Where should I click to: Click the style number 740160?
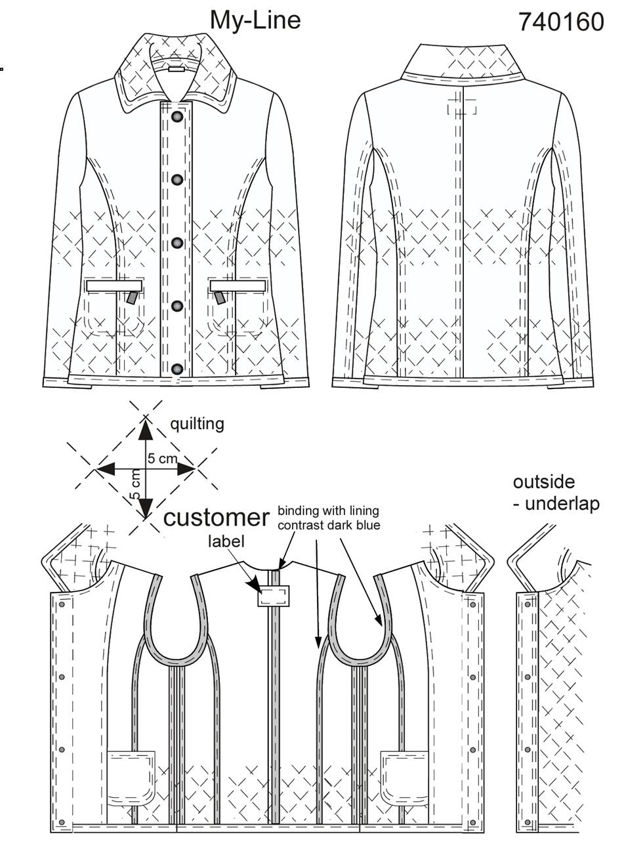point(561,22)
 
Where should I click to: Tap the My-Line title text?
point(255,21)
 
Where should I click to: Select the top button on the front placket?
point(177,117)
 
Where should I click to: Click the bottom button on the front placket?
point(177,369)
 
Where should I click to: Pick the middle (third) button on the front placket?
point(177,243)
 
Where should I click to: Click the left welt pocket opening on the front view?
point(114,285)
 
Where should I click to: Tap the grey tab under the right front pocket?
point(219,298)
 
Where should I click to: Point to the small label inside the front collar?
point(177,70)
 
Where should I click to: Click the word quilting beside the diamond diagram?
point(197,424)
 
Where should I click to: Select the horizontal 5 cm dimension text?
point(162,459)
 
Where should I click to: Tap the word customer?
point(217,518)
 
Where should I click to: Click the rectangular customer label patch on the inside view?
point(274,596)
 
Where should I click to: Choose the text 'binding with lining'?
point(328,511)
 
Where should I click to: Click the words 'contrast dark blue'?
point(329,525)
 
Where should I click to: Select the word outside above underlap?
point(544,482)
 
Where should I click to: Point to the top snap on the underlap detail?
point(528,604)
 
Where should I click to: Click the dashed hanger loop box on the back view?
point(462,106)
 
